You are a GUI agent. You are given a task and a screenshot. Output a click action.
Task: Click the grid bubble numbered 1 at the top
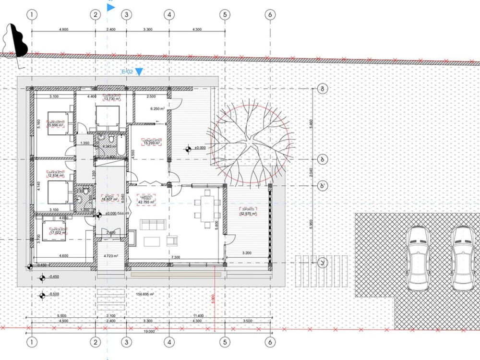pyautogui.click(x=32, y=15)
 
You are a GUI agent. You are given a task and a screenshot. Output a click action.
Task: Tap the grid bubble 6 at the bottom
pyautogui.click(x=270, y=342)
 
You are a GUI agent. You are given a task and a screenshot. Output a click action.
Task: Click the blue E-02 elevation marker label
pyautogui.click(x=128, y=72)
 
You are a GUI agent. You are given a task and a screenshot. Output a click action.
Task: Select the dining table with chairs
pyautogui.click(x=207, y=208)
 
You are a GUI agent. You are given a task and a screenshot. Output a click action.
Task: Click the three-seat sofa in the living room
pyautogui.click(x=152, y=224)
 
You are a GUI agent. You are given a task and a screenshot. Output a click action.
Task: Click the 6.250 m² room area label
pyautogui.click(x=157, y=109)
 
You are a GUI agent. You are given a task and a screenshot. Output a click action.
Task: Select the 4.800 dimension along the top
pyautogui.click(x=63, y=30)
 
